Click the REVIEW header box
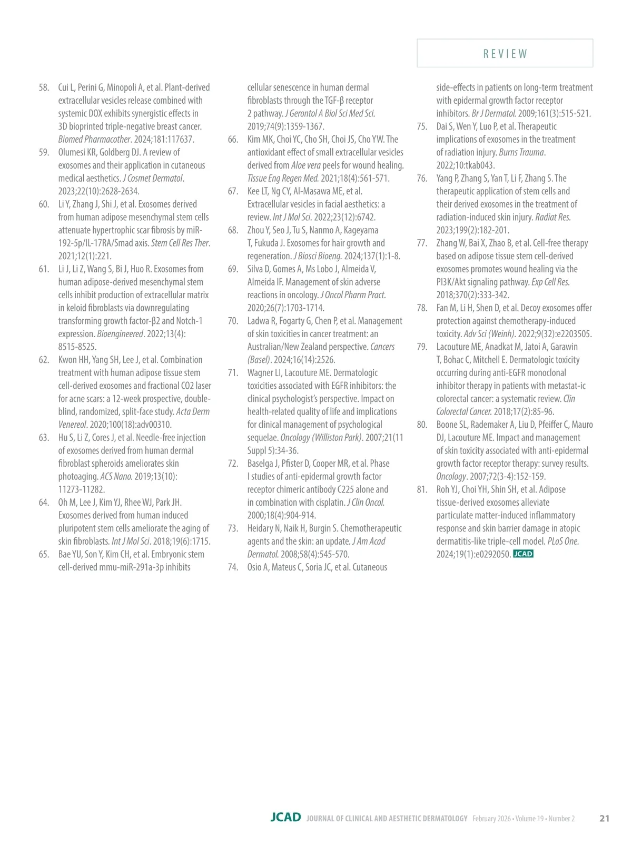(x=505, y=53)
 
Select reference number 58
(x=44, y=87)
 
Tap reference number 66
(x=233, y=140)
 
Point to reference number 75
(x=422, y=126)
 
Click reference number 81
(x=422, y=489)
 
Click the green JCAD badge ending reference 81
(x=523, y=554)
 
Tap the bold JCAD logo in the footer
(x=285, y=818)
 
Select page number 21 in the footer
(x=604, y=818)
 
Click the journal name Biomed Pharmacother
(x=94, y=140)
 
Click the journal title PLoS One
(x=563, y=541)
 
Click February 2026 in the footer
(x=491, y=819)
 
